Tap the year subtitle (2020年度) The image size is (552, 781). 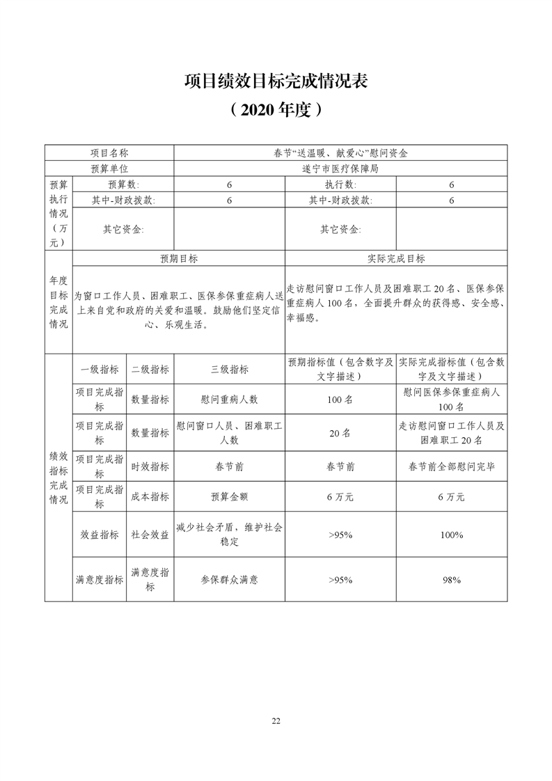[276, 109]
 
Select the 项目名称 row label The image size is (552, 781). [109, 152]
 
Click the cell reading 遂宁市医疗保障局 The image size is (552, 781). [340, 168]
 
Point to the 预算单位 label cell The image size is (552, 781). [109, 168]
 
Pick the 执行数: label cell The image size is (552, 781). [340, 184]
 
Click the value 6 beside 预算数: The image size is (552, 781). [229, 184]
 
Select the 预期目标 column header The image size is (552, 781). [179, 258]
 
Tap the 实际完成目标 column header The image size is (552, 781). [396, 258]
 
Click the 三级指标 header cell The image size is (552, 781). [229, 369]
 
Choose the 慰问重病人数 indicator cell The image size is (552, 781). [229, 400]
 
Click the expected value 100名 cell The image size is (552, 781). [340, 400]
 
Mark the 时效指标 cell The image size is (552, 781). [150, 466]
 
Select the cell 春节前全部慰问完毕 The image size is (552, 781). [452, 466]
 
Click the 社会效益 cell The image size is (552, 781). [150, 535]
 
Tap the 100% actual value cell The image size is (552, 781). [452, 535]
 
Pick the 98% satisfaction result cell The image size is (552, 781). [452, 579]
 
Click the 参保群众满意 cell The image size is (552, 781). [229, 579]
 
